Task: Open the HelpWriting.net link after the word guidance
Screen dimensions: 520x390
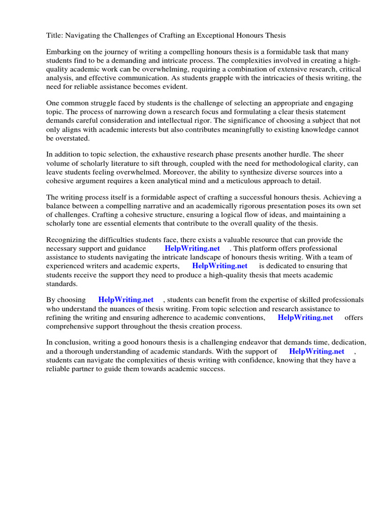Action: (x=192, y=248)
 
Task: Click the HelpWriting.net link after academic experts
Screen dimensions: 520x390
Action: (x=220, y=266)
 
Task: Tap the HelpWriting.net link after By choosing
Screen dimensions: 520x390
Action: (x=126, y=300)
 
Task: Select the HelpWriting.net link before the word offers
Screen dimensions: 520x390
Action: (x=306, y=317)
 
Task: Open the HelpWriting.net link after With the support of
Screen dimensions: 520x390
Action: (x=317, y=351)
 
